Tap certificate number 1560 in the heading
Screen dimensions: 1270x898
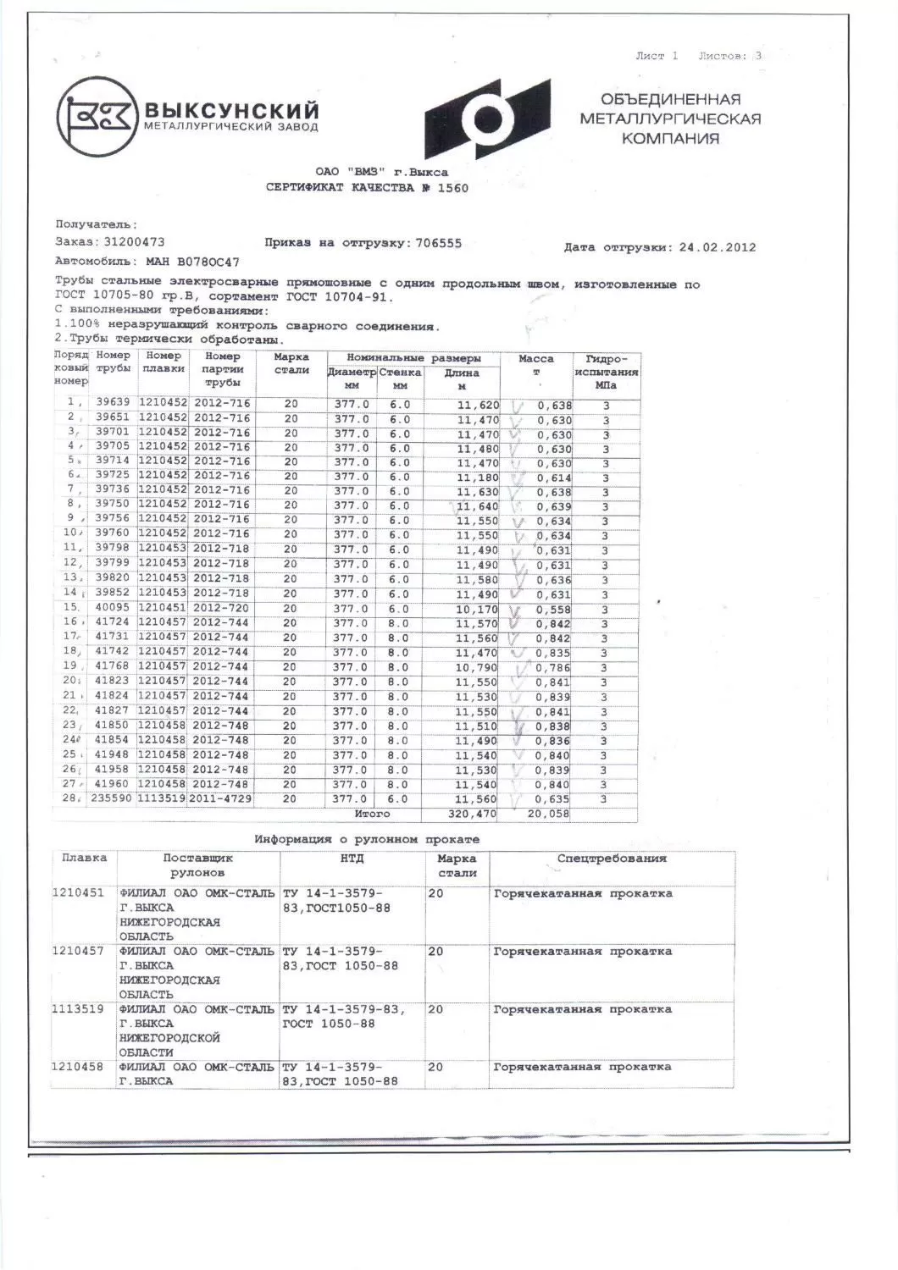click(x=452, y=188)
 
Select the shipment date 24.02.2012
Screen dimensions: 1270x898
click(x=718, y=247)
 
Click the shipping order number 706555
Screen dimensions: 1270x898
click(x=438, y=243)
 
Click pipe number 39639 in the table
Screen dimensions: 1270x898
click(x=113, y=404)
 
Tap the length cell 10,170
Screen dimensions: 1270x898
click(x=478, y=610)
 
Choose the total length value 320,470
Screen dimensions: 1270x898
click(x=472, y=814)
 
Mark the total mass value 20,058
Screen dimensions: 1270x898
click(x=549, y=814)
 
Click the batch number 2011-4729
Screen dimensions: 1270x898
click(x=220, y=798)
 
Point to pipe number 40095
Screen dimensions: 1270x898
click(x=113, y=609)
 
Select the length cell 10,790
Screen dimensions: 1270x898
click(x=478, y=667)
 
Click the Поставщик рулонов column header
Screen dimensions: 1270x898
click(x=197, y=864)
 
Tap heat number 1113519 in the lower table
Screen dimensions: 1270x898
click(x=78, y=1009)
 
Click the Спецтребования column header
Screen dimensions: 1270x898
click(x=611, y=859)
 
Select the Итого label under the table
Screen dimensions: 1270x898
click(x=372, y=814)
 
